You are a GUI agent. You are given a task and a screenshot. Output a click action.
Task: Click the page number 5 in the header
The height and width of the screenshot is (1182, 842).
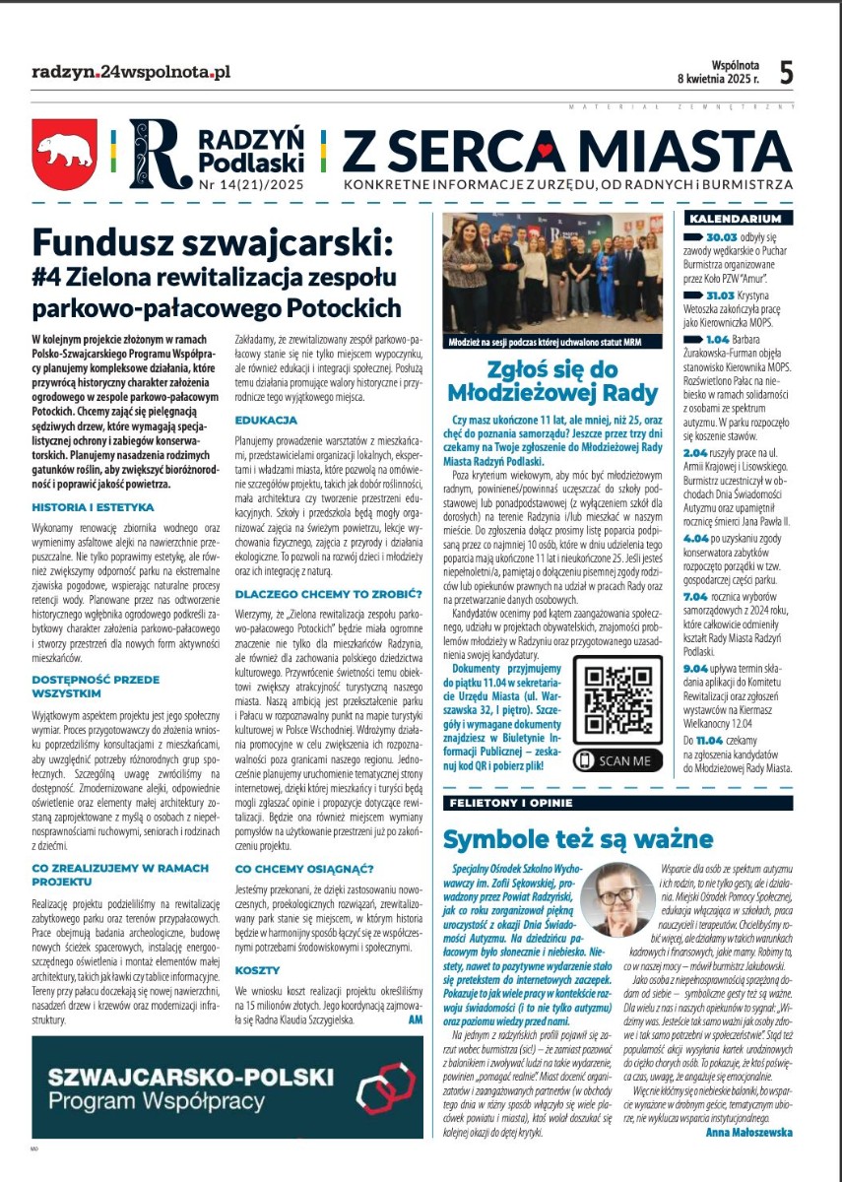(786, 72)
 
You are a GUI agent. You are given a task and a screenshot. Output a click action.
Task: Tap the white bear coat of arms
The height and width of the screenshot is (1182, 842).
(64, 155)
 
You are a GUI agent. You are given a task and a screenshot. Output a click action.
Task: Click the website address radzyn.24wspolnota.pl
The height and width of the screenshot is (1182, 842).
(131, 72)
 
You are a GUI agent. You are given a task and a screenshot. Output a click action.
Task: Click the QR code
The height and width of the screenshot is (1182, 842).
(617, 703)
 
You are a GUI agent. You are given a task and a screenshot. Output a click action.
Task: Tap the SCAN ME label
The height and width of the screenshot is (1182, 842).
(617, 760)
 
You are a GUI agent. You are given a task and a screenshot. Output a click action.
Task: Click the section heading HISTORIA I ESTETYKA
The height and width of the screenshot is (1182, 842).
(93, 507)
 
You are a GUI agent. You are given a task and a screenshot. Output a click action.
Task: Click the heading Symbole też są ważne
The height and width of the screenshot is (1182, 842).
(577, 839)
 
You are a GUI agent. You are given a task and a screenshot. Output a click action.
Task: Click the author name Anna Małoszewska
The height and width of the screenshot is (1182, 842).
(748, 1132)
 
